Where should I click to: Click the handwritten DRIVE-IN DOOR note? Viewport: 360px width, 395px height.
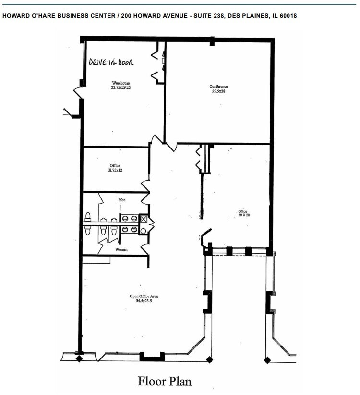111,62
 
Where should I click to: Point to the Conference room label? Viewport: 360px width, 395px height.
218,86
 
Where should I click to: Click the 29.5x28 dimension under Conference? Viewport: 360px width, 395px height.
218,91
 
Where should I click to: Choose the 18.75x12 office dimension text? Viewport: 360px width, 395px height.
115,170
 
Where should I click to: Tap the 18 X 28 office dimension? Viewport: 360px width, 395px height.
244,215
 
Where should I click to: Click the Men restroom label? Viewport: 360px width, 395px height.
122,199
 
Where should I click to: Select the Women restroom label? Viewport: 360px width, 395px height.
121,250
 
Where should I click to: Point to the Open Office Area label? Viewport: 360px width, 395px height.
144,296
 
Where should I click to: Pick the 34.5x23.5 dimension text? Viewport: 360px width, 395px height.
144,301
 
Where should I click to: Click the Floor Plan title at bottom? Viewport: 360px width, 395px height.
165,382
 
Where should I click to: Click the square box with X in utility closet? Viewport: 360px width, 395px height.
143,219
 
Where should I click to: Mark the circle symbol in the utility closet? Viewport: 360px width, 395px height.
143,229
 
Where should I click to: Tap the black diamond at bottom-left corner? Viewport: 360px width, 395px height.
79,358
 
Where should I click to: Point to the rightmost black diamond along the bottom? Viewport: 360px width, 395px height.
267,359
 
